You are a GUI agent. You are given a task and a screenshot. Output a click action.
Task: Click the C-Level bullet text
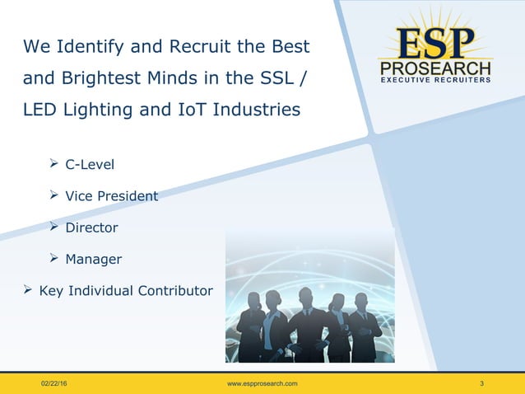(91, 165)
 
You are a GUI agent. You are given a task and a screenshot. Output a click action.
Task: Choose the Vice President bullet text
(112, 196)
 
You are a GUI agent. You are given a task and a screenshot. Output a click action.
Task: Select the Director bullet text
(92, 227)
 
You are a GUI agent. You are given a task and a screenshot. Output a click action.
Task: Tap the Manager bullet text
(94, 260)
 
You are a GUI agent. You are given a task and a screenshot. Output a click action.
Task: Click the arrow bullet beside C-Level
(54, 165)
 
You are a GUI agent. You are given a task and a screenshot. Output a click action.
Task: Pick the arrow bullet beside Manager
(54, 260)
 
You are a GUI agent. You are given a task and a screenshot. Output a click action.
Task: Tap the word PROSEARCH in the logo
(435, 68)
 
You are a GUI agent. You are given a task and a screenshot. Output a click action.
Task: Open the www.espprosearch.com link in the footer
(262, 384)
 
